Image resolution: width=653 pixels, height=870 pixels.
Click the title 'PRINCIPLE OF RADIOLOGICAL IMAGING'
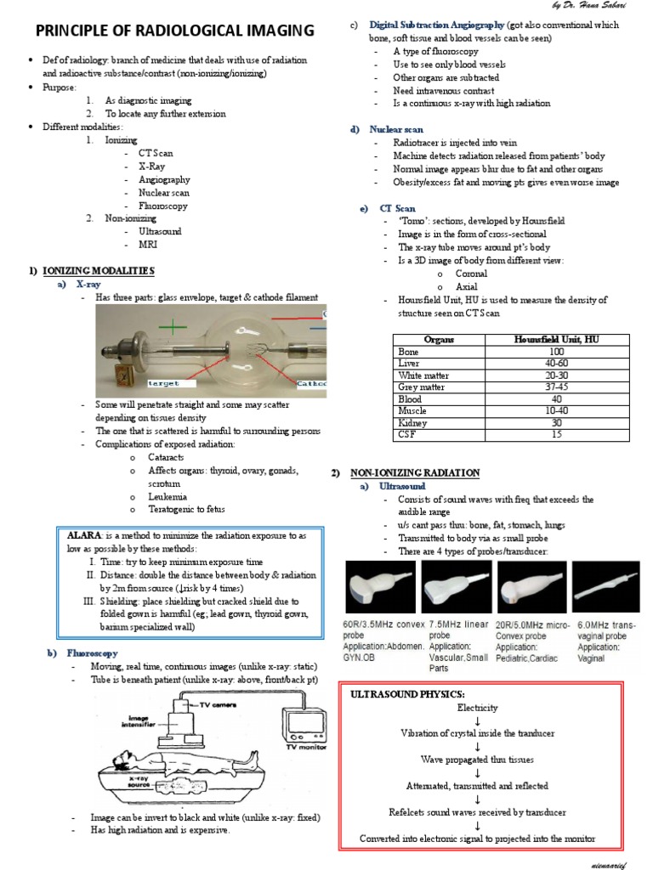tap(173, 31)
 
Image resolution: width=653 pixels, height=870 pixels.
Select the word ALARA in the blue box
tap(84, 536)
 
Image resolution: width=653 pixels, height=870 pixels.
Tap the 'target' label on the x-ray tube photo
tap(163, 383)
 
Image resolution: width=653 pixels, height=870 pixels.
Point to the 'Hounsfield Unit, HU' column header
tap(556, 339)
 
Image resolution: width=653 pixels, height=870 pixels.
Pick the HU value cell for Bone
tap(556, 351)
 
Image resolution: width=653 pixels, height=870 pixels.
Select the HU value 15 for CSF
tap(556, 434)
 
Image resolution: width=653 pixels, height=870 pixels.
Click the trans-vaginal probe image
tap(606, 587)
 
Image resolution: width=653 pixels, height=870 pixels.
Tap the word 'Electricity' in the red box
tap(477, 707)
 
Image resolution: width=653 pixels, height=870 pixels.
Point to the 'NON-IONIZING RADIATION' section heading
tap(413, 472)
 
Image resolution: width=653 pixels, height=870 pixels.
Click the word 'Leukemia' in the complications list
tap(168, 496)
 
